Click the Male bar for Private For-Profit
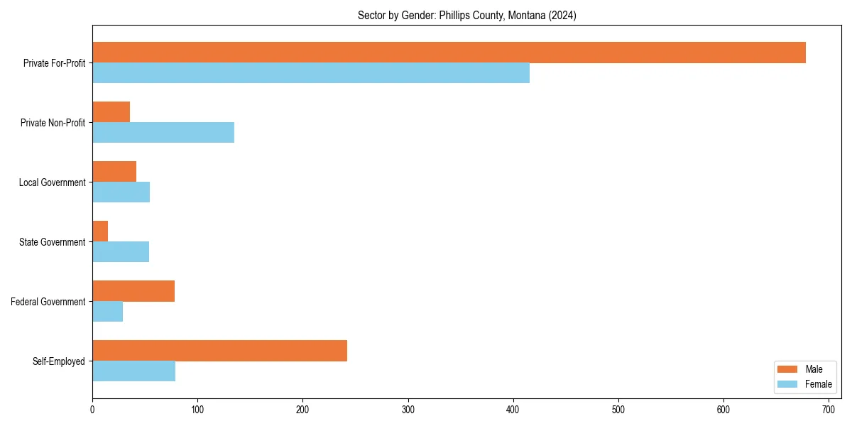point(449,53)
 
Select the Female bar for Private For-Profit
point(311,72)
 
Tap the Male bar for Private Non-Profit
point(111,112)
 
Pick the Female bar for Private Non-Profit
point(163,132)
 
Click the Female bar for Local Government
point(121,192)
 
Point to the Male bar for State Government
point(100,231)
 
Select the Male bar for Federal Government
point(133,291)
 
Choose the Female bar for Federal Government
point(108,311)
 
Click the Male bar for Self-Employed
point(220,351)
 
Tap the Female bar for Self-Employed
point(134,371)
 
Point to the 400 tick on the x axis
point(513,410)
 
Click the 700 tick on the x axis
point(829,410)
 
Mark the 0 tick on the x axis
point(92,410)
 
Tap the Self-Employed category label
point(58,361)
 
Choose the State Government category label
point(53,242)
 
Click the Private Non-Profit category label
point(53,123)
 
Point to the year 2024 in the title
point(562,16)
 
